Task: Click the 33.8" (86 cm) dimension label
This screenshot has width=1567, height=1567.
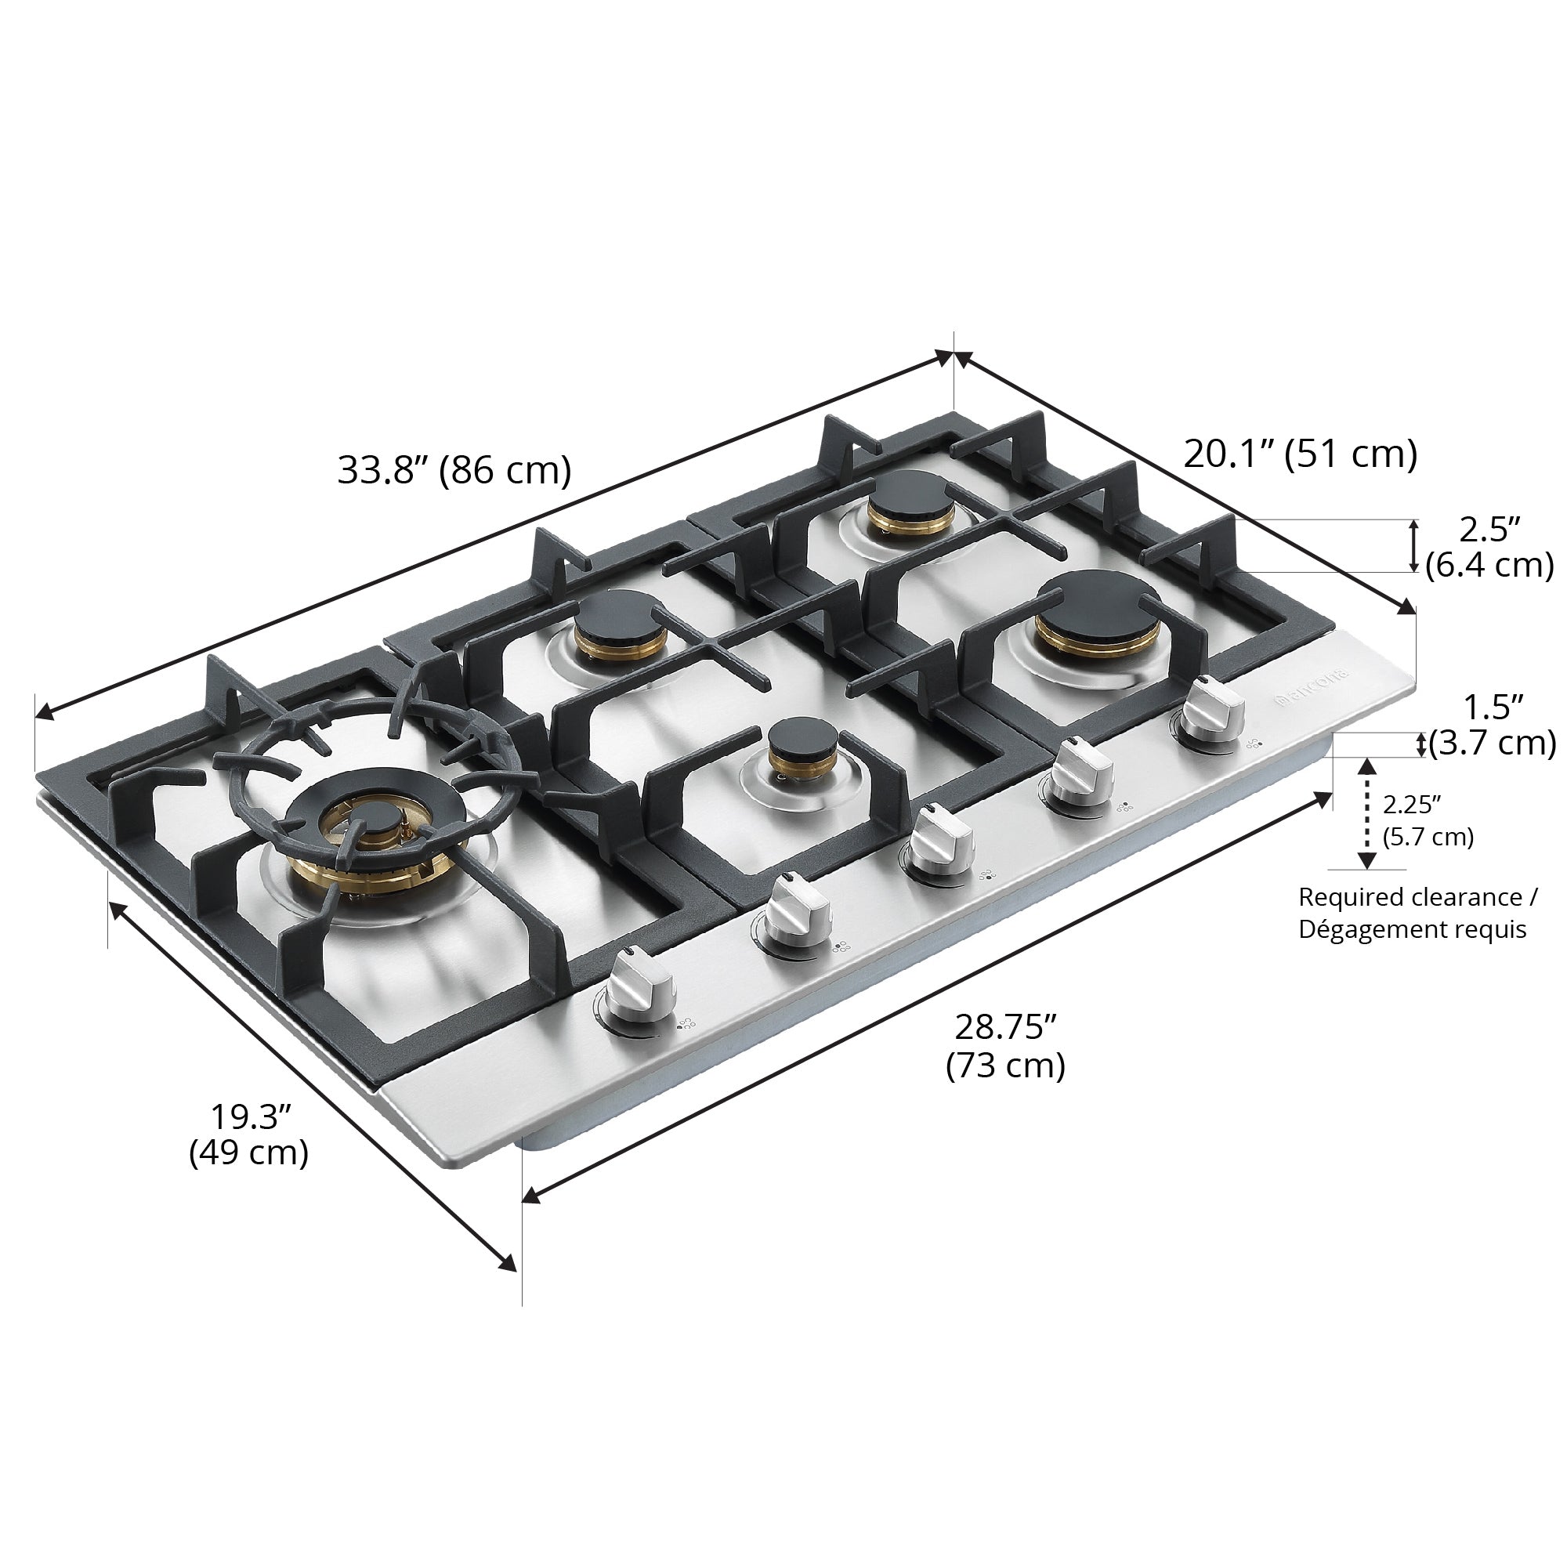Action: click(x=454, y=470)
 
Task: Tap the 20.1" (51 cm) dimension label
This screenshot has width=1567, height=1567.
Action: click(x=1300, y=454)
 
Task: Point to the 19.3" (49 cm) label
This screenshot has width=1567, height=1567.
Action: click(x=249, y=1134)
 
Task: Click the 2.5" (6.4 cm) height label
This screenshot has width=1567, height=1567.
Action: click(x=1489, y=548)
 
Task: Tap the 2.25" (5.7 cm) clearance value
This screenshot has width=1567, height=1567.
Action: click(x=1428, y=821)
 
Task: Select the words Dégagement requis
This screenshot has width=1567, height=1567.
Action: click(x=1412, y=929)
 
